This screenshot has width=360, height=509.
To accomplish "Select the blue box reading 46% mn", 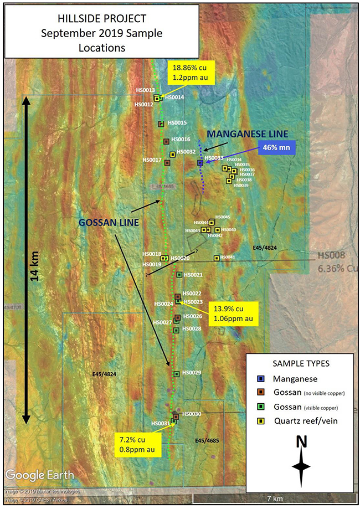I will pos(276,148).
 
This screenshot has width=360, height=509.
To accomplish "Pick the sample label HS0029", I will pos(192,373).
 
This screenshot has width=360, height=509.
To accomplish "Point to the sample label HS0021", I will pos(193,275).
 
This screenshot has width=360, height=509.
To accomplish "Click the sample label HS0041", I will pos(228,257).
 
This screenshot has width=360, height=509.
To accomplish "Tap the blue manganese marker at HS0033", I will pos(200,163).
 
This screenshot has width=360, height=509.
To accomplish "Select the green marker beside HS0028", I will pos(176,330).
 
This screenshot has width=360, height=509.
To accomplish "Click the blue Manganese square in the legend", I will pos(260,379).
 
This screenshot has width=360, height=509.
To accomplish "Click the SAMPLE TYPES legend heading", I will pos(301,363).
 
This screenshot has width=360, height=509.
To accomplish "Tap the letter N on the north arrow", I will pos(301,441).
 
